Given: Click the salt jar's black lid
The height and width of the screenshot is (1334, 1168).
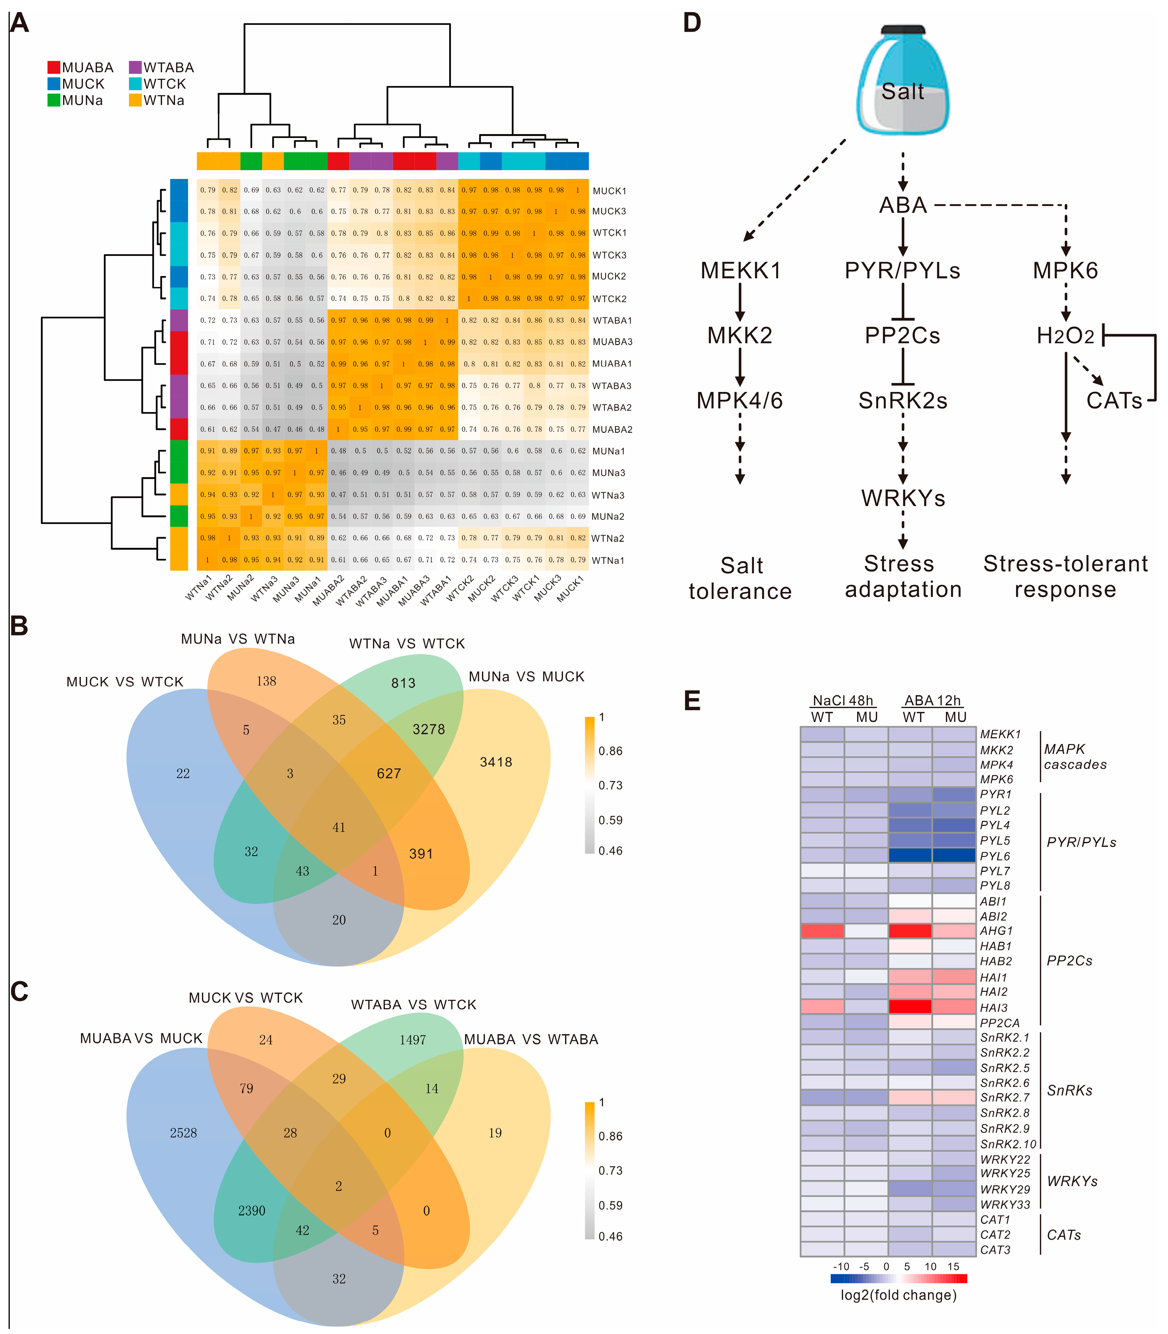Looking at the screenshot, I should (903, 30).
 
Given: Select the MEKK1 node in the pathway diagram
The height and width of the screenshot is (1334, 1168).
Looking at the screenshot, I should (741, 271).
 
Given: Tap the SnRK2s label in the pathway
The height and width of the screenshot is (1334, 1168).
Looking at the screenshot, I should (903, 400).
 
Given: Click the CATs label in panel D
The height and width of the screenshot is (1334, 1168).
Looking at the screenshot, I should (1114, 400).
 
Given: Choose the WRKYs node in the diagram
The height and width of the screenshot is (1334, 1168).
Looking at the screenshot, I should (903, 498).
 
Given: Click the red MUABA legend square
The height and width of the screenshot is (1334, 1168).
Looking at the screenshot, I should (53, 67).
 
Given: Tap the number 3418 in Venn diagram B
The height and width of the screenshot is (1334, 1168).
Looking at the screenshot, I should (496, 762).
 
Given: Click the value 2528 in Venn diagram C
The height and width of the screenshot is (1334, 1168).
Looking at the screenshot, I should (183, 1133).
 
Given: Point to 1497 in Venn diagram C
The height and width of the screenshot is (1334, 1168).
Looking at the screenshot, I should (413, 1040).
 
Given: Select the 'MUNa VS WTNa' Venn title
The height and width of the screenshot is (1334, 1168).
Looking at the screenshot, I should (238, 639).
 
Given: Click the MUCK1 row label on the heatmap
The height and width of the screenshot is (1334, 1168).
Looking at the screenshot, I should (609, 191).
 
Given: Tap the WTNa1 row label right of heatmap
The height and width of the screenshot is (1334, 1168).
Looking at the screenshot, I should (608, 560).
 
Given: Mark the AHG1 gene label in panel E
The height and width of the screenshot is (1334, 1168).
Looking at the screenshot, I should (996, 931).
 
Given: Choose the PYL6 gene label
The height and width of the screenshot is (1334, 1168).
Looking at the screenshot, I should (994, 856).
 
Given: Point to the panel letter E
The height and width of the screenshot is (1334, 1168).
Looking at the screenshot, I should (692, 701).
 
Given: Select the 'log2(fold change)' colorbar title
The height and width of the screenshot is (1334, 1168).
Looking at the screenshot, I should (898, 1295).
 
